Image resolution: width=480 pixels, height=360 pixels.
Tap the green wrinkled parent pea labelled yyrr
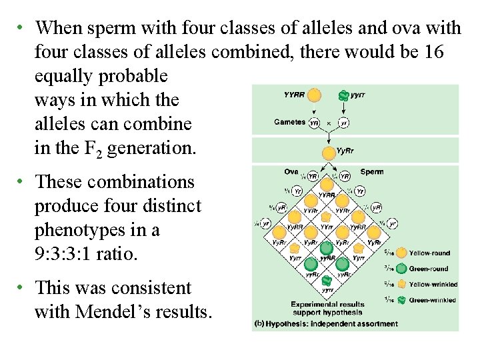click(343, 95)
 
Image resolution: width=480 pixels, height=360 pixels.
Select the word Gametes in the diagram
click(289, 122)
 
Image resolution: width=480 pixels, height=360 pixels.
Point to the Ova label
click(291, 171)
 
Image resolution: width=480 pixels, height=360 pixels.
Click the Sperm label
click(371, 171)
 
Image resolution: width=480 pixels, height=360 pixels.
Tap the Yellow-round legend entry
click(429, 253)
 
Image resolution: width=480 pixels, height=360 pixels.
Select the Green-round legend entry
click(429, 269)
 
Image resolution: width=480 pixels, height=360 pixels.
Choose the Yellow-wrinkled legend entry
click(432, 285)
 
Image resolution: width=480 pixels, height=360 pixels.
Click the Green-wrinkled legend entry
click(432, 300)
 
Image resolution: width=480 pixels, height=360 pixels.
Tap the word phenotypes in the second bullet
click(82, 230)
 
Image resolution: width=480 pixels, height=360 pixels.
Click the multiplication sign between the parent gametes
click(328, 123)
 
